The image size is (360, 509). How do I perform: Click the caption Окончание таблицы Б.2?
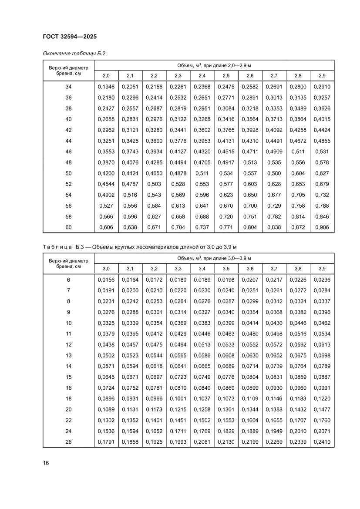[74, 54]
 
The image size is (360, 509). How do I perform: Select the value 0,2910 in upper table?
[322, 87]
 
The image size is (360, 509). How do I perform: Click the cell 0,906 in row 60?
[322, 227]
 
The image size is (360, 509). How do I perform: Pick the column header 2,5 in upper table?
[226, 76]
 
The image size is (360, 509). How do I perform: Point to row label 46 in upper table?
[68, 152]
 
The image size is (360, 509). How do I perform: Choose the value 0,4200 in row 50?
[106, 173]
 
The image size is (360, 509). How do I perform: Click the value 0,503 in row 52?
[154, 184]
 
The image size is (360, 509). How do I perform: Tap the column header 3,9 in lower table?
[322, 268]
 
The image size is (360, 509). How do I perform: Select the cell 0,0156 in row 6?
[106, 280]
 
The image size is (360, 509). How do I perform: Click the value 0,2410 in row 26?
[322, 442]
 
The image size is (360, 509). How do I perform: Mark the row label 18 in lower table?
[68, 399]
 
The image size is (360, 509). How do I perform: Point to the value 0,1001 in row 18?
[178, 399]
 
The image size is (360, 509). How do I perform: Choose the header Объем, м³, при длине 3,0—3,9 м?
[214, 258]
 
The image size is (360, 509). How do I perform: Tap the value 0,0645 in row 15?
[106, 377]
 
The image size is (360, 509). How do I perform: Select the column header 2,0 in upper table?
[106, 76]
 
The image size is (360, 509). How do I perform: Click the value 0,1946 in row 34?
[106, 87]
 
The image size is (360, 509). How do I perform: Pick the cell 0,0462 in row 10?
[322, 323]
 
